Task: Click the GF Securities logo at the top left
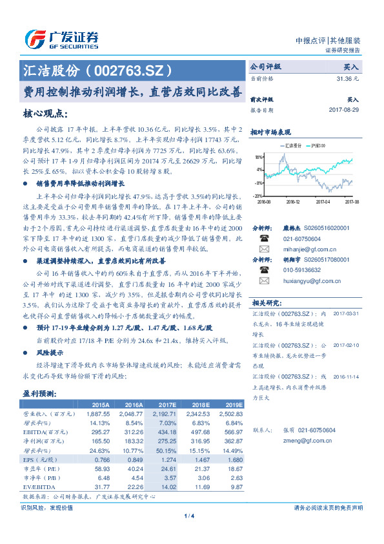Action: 61,39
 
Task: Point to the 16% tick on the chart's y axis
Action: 258,157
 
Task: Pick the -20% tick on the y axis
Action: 258,194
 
